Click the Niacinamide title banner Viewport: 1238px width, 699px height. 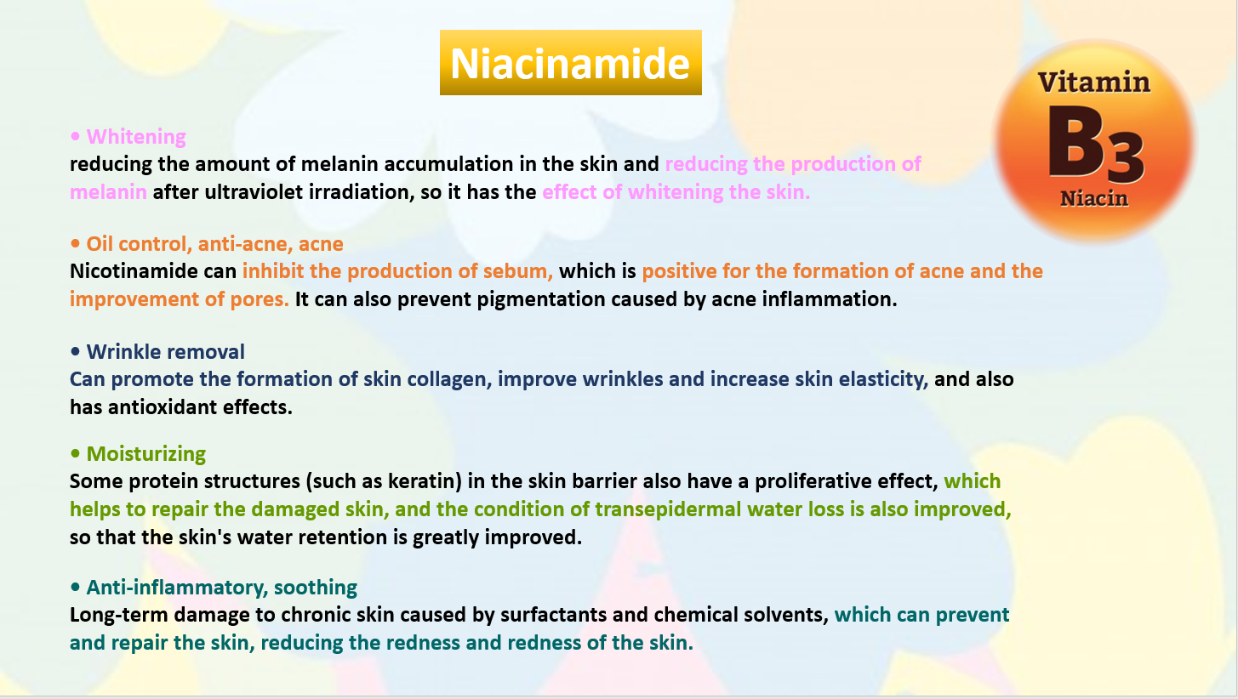pos(570,62)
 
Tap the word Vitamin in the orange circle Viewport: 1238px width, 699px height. pos(1093,82)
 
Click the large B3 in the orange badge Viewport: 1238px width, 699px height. pos(1095,144)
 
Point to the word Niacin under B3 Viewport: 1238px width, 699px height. pos(1093,198)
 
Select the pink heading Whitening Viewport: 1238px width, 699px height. pos(136,137)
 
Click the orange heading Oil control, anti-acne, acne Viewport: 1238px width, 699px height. pos(214,244)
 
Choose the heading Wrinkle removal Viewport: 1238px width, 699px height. pos(165,351)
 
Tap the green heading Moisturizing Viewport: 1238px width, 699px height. pos(145,453)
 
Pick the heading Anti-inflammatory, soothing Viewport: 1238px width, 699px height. pos(221,587)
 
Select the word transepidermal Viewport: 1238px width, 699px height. pos(668,509)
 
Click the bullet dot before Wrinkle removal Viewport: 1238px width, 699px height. pos(75,352)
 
